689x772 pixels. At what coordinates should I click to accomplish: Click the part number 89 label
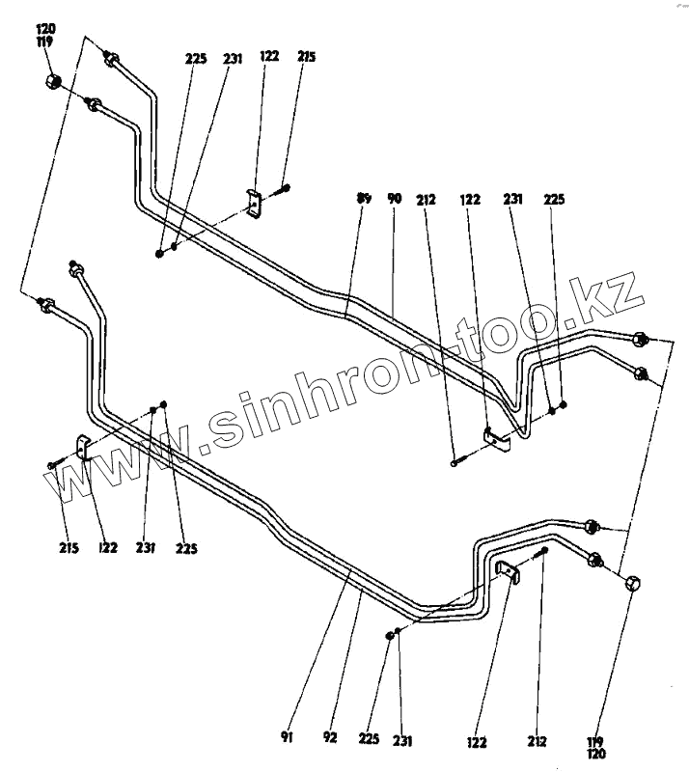364,198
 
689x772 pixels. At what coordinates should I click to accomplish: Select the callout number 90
393,198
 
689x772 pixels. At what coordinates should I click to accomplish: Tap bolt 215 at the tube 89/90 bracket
285,188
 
